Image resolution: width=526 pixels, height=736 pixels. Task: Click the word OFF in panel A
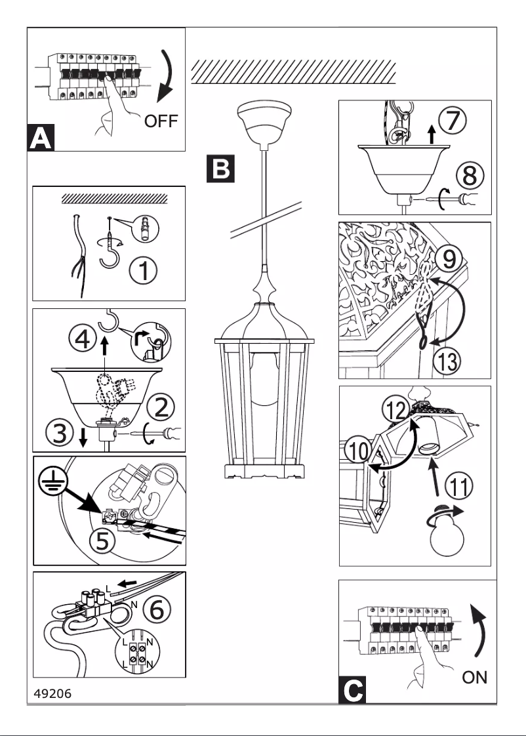click(161, 121)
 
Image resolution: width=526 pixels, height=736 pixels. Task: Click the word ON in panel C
click(475, 678)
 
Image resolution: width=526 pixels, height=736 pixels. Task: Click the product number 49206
click(52, 693)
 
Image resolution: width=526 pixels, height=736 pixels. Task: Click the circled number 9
click(450, 258)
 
